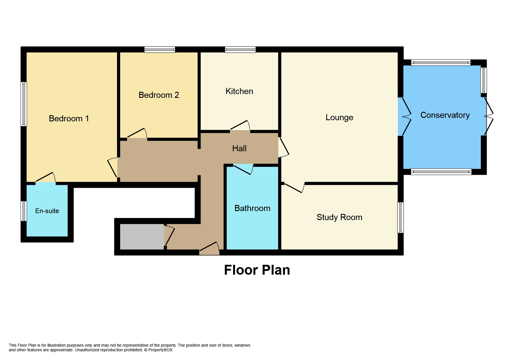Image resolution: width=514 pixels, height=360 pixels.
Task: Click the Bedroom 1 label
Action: pos(69,118)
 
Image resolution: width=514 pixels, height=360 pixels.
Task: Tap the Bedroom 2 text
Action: pos(158,95)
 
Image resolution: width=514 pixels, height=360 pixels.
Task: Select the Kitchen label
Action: pos(239,91)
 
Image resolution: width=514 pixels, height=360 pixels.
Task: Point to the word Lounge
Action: pos(339,117)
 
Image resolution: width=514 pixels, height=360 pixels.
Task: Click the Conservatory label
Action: pos(445,115)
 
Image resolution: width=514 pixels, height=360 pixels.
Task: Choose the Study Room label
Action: pos(339,217)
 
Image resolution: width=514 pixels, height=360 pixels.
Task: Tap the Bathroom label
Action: pos(252,208)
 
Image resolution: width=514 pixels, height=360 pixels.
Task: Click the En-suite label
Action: pos(47,211)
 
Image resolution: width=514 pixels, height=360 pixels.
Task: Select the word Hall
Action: pos(239,148)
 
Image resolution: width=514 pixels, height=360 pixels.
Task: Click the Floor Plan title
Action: pos(257,270)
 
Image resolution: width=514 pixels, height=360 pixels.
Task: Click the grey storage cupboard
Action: pos(142,237)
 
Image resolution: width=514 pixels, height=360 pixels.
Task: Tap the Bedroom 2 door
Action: pos(137,134)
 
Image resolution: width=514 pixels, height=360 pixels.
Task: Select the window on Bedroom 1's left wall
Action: pos(24,104)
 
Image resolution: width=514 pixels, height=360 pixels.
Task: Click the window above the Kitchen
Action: pos(240,49)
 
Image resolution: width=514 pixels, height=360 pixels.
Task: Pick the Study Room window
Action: pos(400,217)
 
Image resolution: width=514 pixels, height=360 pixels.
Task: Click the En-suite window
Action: pos(24,211)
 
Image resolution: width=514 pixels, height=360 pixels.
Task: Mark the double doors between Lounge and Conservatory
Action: pos(405,117)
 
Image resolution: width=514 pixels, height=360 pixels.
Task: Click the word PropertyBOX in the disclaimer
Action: pos(160,350)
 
